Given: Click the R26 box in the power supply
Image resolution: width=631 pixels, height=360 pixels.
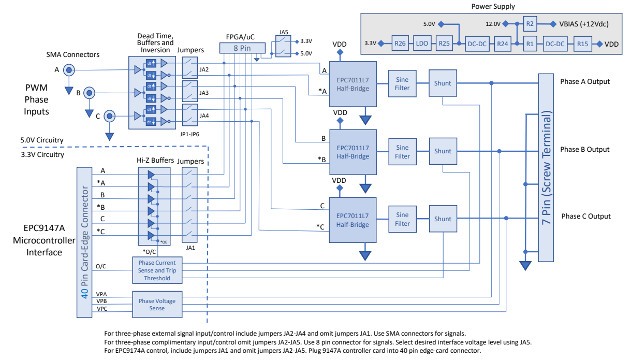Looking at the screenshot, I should coord(400,44).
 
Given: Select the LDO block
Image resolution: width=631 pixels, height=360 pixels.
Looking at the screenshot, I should coord(422,44).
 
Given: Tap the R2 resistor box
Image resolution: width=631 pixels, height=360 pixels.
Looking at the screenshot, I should coord(530,24).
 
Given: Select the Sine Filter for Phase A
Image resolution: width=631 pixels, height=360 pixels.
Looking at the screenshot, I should coord(402,84).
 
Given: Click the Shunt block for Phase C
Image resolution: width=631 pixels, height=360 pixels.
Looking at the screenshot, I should coord(443,219).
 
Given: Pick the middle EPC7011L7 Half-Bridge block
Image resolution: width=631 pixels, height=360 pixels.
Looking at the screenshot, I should coord(353,152).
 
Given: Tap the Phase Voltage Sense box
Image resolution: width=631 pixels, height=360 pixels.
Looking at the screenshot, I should coord(157,305).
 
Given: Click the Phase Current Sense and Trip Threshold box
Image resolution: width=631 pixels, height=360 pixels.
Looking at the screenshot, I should coord(157,270).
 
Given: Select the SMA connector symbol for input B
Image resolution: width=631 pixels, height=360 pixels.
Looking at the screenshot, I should coord(89,93).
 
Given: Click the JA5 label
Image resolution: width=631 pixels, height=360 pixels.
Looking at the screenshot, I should coord(284,32).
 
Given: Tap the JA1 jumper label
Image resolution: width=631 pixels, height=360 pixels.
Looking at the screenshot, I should coord(190,248).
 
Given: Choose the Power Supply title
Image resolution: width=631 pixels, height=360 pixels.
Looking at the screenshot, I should coord(493,7).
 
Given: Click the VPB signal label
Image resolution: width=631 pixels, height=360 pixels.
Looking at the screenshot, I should coord(101,301).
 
